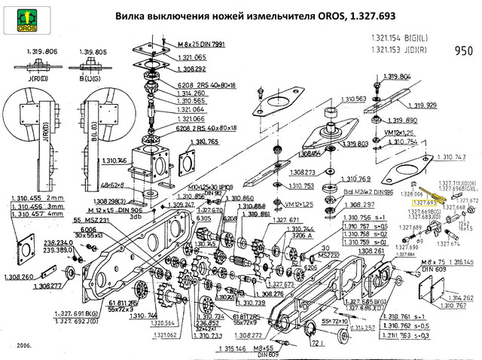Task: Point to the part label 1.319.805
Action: click(93, 50)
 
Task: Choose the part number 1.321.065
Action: click(191, 57)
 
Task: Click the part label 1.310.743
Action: click(450, 157)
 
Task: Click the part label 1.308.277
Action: click(51, 286)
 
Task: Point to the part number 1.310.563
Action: click(350, 99)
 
